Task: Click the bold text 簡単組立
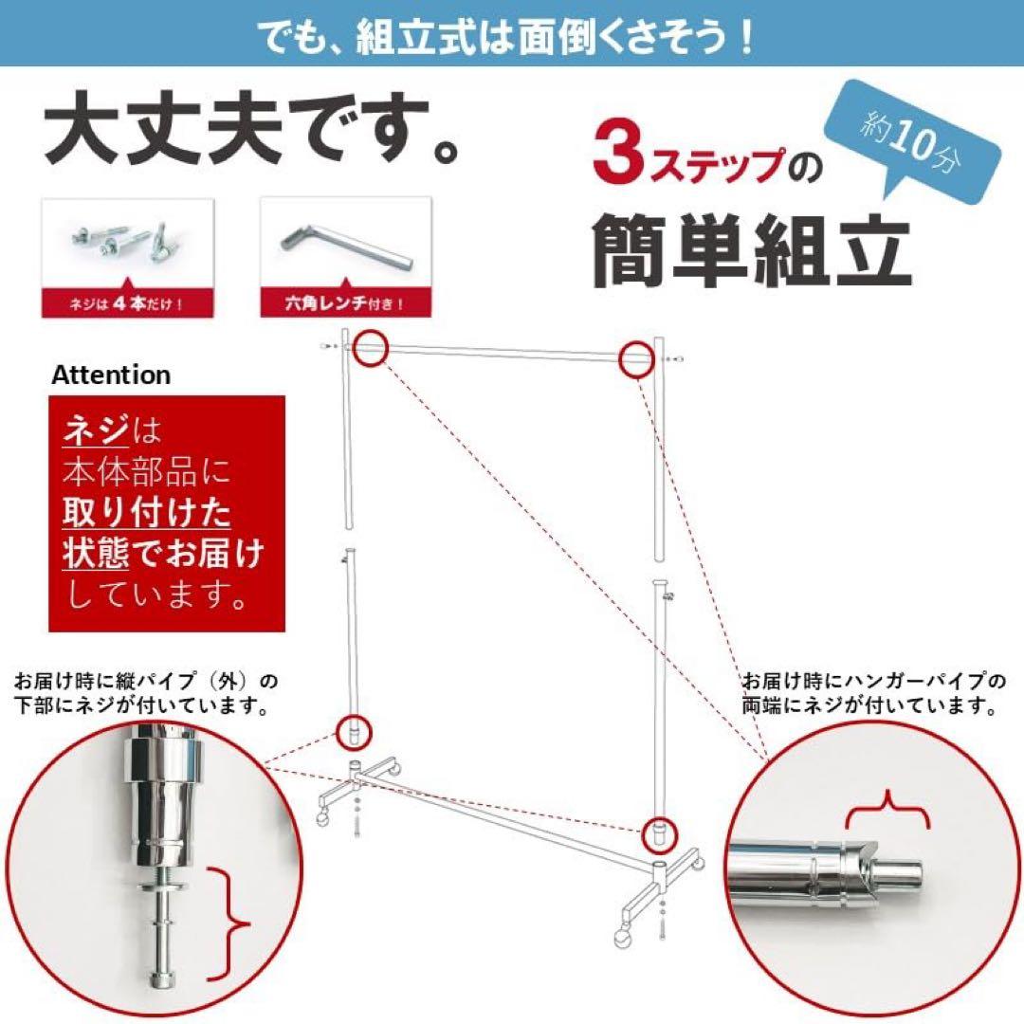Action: [752, 250]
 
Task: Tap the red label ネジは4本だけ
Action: [125, 304]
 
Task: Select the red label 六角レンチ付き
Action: [345, 304]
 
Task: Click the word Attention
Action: [111, 375]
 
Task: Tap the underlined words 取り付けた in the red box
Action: [147, 512]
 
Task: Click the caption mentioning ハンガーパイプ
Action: [872, 693]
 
